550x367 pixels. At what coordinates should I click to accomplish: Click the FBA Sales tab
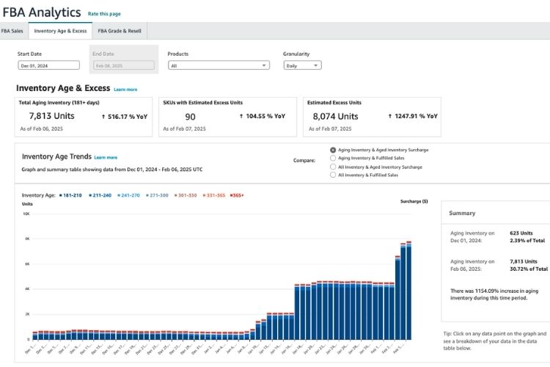coord(11,31)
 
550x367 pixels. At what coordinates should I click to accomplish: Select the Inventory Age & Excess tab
coord(60,31)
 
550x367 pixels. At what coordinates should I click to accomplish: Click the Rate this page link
coord(104,14)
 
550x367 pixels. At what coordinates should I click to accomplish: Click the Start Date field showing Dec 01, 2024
coord(48,65)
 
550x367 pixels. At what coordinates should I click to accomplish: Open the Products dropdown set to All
coord(218,65)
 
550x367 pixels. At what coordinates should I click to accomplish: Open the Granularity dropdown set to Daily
coord(301,65)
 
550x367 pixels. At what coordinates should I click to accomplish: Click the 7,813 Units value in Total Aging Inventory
coord(51,116)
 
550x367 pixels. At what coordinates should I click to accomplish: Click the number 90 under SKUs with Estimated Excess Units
coord(190,117)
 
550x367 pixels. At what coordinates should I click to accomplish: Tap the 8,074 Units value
coord(335,116)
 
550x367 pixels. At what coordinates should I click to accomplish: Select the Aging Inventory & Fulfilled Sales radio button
coord(334,158)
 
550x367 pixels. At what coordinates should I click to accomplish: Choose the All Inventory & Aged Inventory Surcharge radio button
coord(334,167)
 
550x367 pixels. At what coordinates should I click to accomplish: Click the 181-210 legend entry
coord(71,195)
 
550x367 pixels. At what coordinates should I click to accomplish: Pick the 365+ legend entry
coord(237,195)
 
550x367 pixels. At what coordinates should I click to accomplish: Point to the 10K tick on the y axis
coord(26,214)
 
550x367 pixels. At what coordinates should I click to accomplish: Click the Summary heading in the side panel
coord(462,213)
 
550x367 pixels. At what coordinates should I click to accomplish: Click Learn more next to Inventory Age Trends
coord(106,157)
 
